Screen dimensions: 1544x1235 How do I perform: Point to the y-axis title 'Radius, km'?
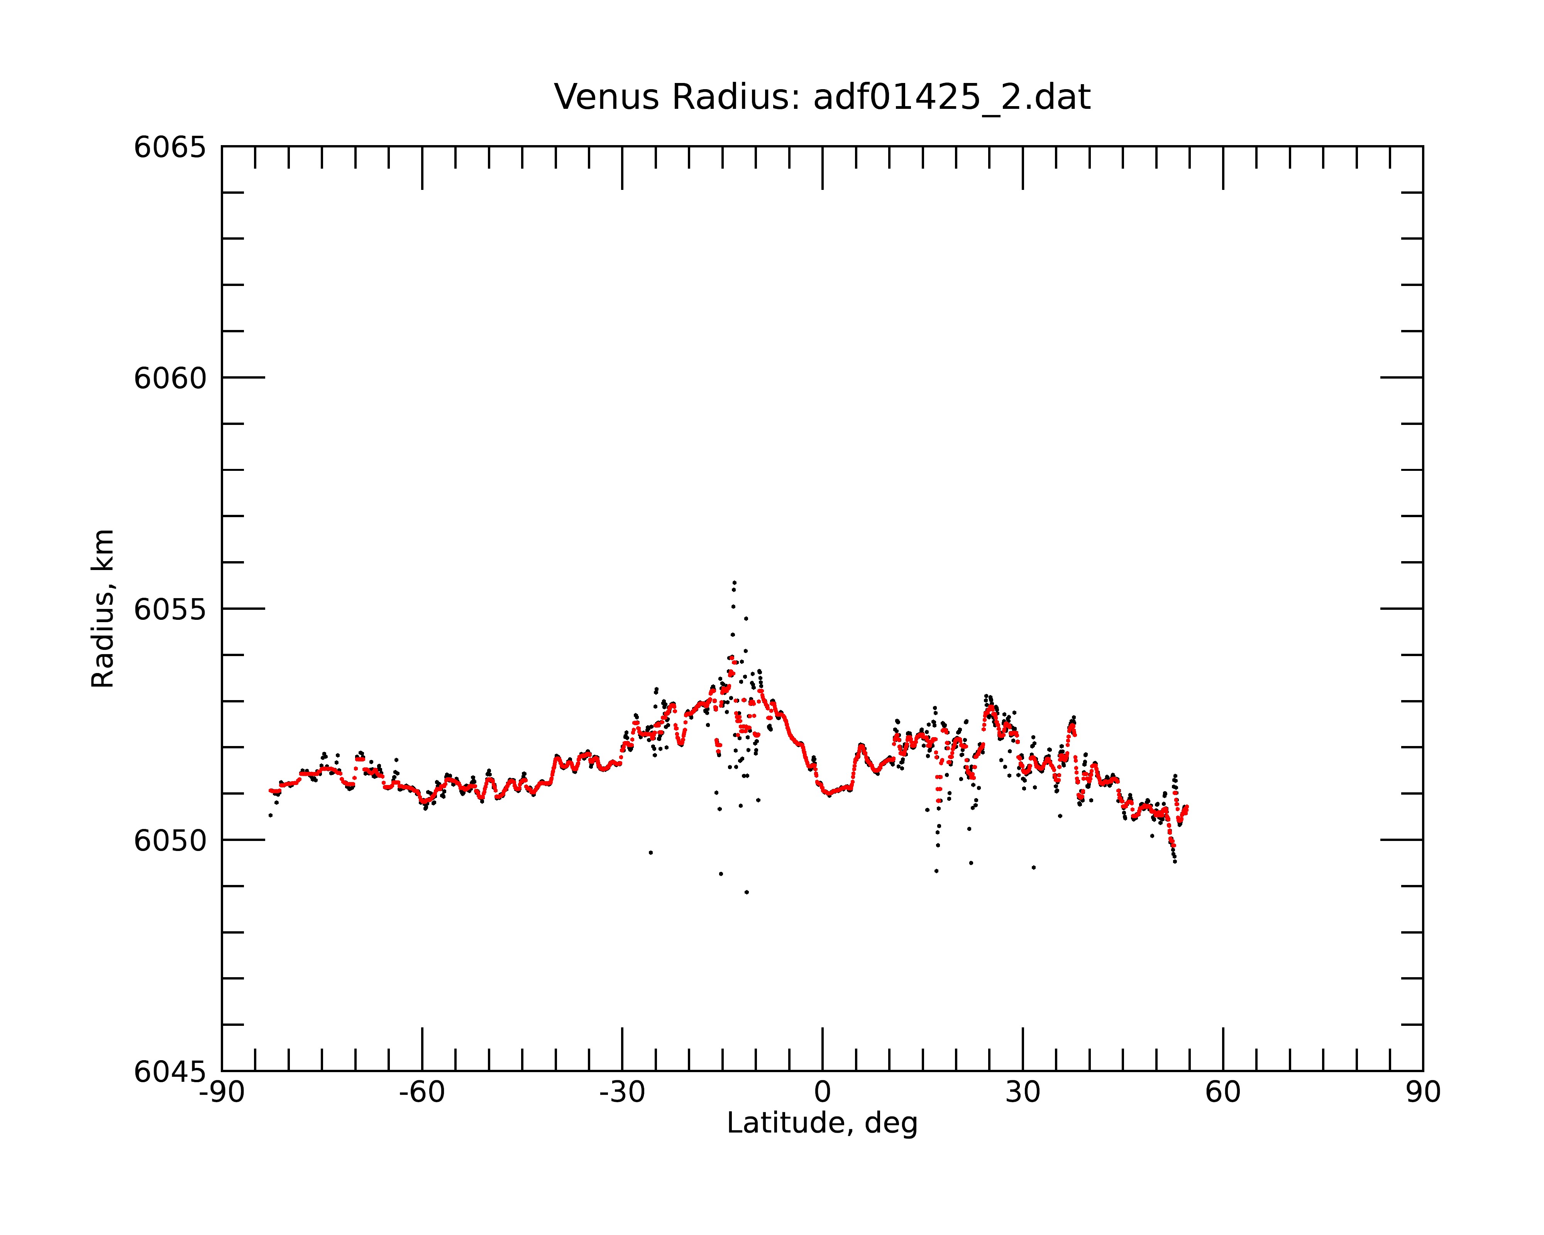pyautogui.click(x=102, y=609)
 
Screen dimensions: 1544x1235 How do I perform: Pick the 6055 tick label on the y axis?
pyautogui.click(x=170, y=609)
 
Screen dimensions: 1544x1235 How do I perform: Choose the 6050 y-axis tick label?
pyautogui.click(x=170, y=841)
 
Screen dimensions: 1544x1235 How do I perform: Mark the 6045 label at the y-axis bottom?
pyautogui.click(x=170, y=1072)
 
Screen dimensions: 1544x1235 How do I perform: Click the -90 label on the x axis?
pyautogui.click(x=222, y=1093)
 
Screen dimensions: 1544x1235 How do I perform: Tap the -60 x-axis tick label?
pyautogui.click(x=422, y=1093)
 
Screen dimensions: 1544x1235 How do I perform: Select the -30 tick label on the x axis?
pyautogui.click(x=622, y=1093)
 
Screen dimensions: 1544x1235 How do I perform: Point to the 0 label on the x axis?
pyautogui.click(x=823, y=1093)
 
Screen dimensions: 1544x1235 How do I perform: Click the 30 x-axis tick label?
pyautogui.click(x=1023, y=1093)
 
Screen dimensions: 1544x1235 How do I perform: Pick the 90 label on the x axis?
pyautogui.click(x=1423, y=1093)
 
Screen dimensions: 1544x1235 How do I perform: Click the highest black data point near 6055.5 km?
pyautogui.click(x=734, y=582)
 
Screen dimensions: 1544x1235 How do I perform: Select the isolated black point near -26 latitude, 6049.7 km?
pyautogui.click(x=651, y=853)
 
